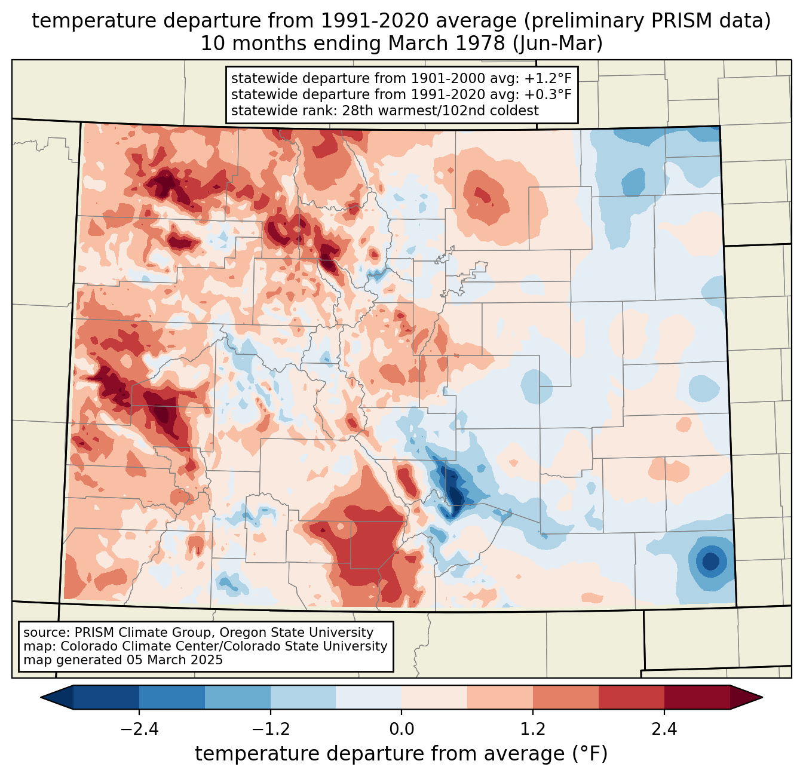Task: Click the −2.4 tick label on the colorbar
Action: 139,729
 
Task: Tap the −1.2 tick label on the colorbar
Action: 270,729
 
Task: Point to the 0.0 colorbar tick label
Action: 401,729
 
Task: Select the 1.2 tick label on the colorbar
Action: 533,729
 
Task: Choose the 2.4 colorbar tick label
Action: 664,729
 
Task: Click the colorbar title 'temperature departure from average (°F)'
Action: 401,754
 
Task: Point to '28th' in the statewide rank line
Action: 357,111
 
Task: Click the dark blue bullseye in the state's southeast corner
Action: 710,562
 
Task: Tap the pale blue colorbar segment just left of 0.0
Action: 369,697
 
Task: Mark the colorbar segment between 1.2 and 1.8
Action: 566,697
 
